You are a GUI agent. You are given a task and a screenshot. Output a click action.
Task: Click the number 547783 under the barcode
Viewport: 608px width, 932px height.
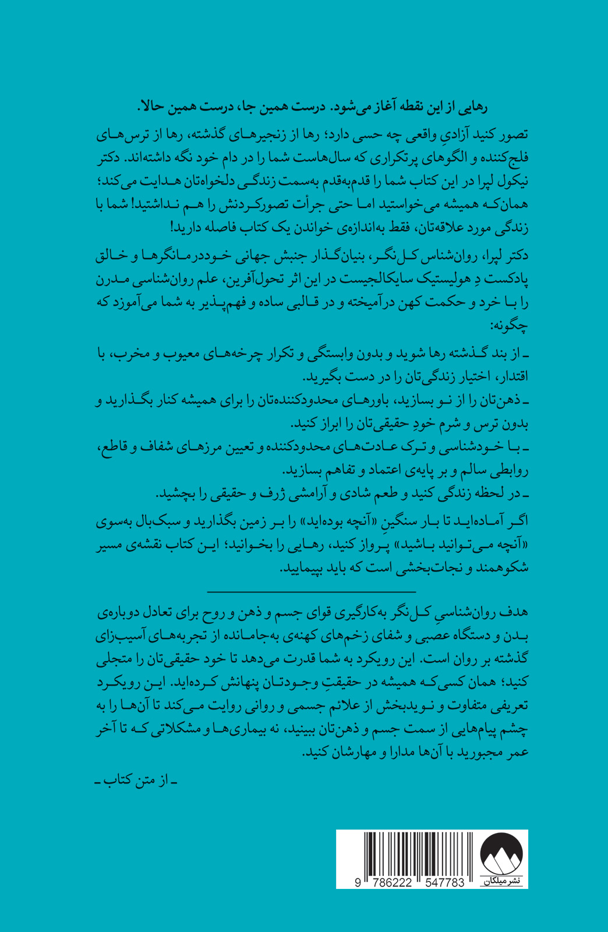(437, 882)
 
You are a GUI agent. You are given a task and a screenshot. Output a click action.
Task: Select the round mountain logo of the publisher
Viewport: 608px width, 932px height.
(501, 855)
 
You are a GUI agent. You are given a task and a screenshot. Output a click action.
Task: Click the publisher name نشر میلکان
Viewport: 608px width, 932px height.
(501, 881)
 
